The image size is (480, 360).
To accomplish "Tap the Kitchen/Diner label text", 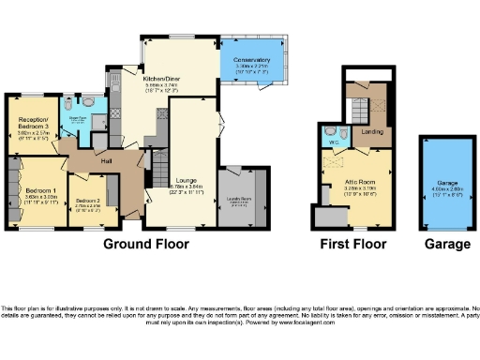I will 161,80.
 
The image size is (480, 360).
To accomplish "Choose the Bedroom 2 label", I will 89,202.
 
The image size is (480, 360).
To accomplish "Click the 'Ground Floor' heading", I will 145,244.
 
